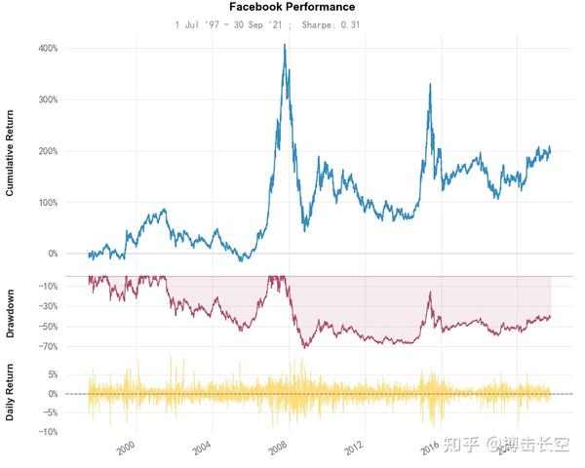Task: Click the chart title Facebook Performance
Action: [292, 7]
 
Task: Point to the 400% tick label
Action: [47, 48]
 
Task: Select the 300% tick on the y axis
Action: [47, 99]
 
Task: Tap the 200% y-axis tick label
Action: [47, 151]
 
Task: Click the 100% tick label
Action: [47, 203]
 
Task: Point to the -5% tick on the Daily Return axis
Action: [50, 412]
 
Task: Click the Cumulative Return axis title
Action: [11, 154]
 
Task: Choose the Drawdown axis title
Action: [11, 313]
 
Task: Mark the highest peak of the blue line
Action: [284, 45]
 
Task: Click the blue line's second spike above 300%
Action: [429, 85]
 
